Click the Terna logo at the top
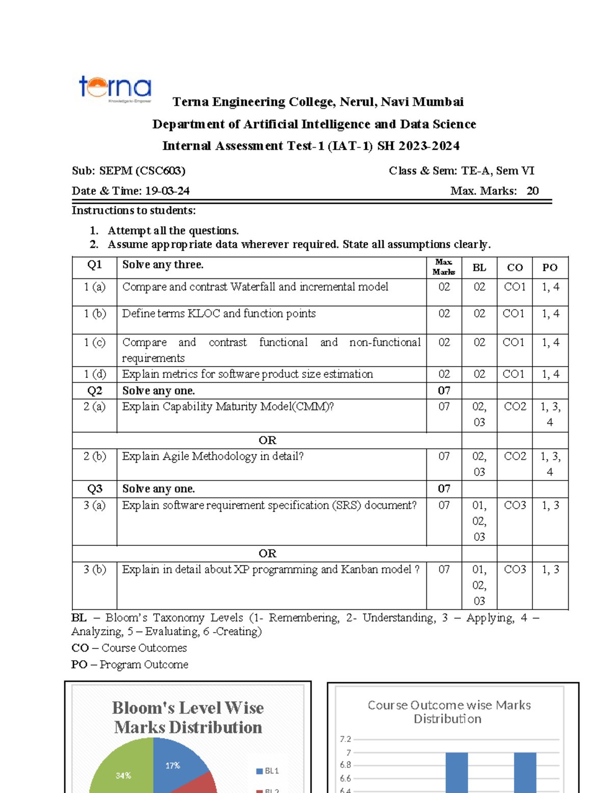click(115, 88)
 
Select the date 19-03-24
click(167, 191)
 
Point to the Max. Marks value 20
click(532, 191)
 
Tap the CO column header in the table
click(515, 268)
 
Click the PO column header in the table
click(550, 268)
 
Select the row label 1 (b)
click(95, 314)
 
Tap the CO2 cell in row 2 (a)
click(515, 407)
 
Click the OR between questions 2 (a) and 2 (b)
click(267, 440)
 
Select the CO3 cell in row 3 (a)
click(515, 506)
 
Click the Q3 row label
click(95, 489)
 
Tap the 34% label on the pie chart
click(123, 776)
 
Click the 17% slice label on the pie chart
click(173, 765)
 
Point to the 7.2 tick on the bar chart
click(345, 739)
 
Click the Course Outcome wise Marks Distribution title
click(449, 712)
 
